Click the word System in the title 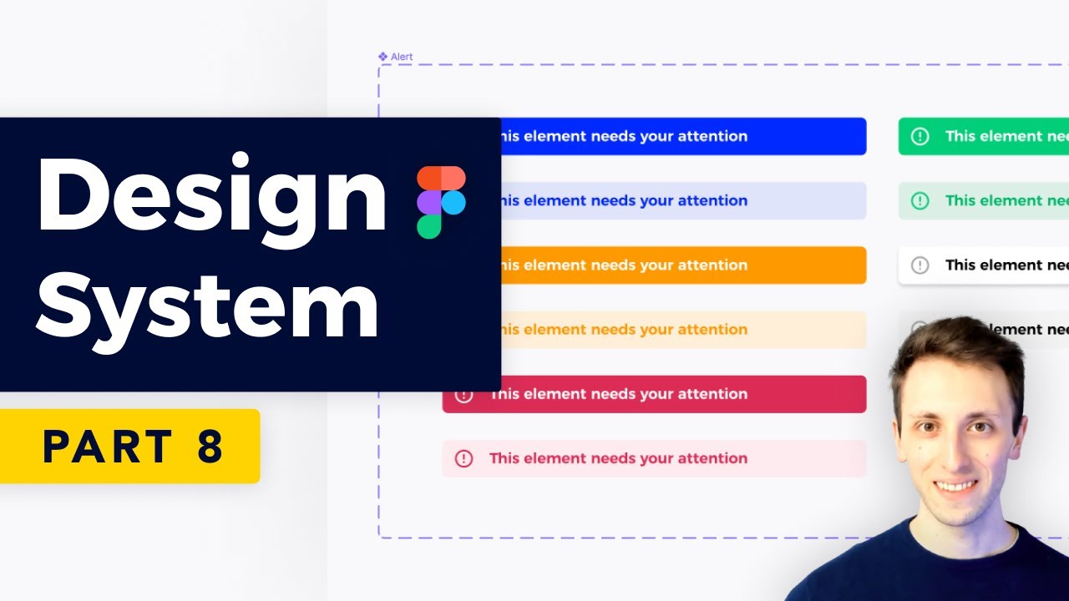[x=207, y=306]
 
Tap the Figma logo [x=441, y=202]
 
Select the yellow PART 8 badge [x=129, y=446]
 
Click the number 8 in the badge [x=210, y=447]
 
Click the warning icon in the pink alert [x=464, y=458]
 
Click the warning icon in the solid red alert [x=464, y=394]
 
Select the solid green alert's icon [x=920, y=136]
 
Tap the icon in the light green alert [x=920, y=200]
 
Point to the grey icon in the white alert [x=920, y=265]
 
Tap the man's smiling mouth [x=955, y=485]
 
